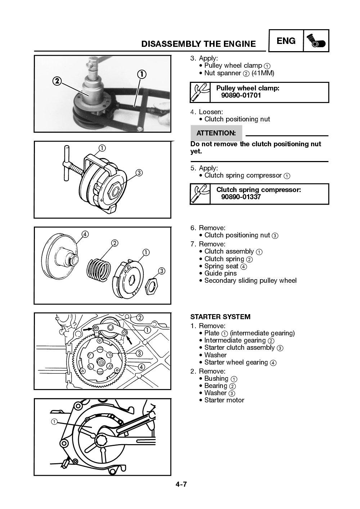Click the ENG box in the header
tap(286, 41)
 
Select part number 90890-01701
tap(241, 95)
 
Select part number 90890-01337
tap(241, 197)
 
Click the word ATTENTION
tap(216, 133)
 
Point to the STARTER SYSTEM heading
tap(220, 317)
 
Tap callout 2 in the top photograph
tap(57, 81)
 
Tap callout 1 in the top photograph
tap(141, 74)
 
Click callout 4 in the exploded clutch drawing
tap(85, 234)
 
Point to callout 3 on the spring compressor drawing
tap(139, 173)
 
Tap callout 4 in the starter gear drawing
tap(141, 367)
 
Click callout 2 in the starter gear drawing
tap(139, 317)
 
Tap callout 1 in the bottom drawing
tap(54, 421)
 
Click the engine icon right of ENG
tap(316, 41)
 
